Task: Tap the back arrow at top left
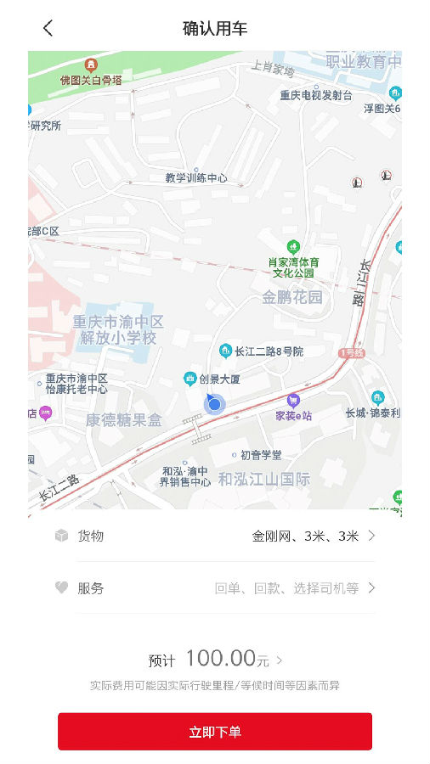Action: point(48,28)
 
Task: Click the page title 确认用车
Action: point(215,28)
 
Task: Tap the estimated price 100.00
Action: point(221,658)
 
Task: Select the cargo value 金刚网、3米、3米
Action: point(305,536)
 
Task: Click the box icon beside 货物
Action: point(61,536)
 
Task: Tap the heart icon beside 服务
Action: point(61,587)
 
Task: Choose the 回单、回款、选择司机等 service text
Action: point(286,587)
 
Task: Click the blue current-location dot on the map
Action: point(214,404)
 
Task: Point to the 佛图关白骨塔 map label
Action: point(91,80)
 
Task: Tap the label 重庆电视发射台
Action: point(316,96)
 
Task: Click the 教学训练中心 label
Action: point(196,178)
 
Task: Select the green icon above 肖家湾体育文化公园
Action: point(295,247)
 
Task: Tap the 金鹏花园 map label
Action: point(292,297)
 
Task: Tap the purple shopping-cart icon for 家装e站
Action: point(293,400)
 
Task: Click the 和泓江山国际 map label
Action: point(264,479)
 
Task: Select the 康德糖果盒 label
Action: point(123,419)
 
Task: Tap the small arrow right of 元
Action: point(280,659)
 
